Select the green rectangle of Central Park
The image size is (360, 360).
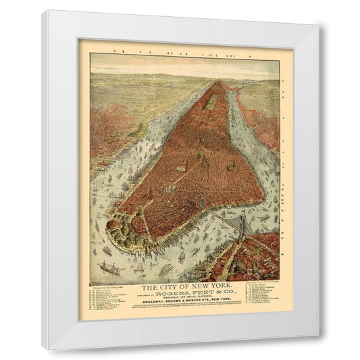coord(212,101)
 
